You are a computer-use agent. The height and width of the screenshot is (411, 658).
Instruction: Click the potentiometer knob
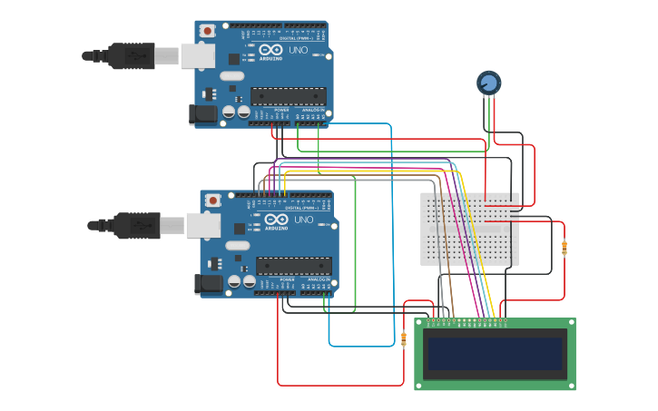coord(488,83)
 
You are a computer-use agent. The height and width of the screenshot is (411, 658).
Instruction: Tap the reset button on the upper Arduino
coord(208,31)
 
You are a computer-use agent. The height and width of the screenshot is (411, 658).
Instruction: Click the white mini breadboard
coord(469,229)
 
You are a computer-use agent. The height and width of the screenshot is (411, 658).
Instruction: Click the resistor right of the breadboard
coord(564,248)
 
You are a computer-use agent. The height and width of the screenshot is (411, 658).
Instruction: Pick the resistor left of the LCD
coord(404,338)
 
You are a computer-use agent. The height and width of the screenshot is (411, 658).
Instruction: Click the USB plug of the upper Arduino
coord(136,56)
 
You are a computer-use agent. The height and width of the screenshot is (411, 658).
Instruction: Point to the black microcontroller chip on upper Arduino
coord(288,95)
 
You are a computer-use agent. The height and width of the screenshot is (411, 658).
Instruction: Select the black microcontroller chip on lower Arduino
coord(293,266)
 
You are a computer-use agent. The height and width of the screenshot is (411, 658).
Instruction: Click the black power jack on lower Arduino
coord(208,284)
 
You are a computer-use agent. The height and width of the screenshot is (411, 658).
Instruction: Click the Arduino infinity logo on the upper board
coord(270,50)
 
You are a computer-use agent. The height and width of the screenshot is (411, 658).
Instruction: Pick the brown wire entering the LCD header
coord(451,308)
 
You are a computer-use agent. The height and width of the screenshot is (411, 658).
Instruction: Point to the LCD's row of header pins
coord(466,320)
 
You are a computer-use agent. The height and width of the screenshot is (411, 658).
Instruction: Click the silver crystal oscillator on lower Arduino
coord(237,245)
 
